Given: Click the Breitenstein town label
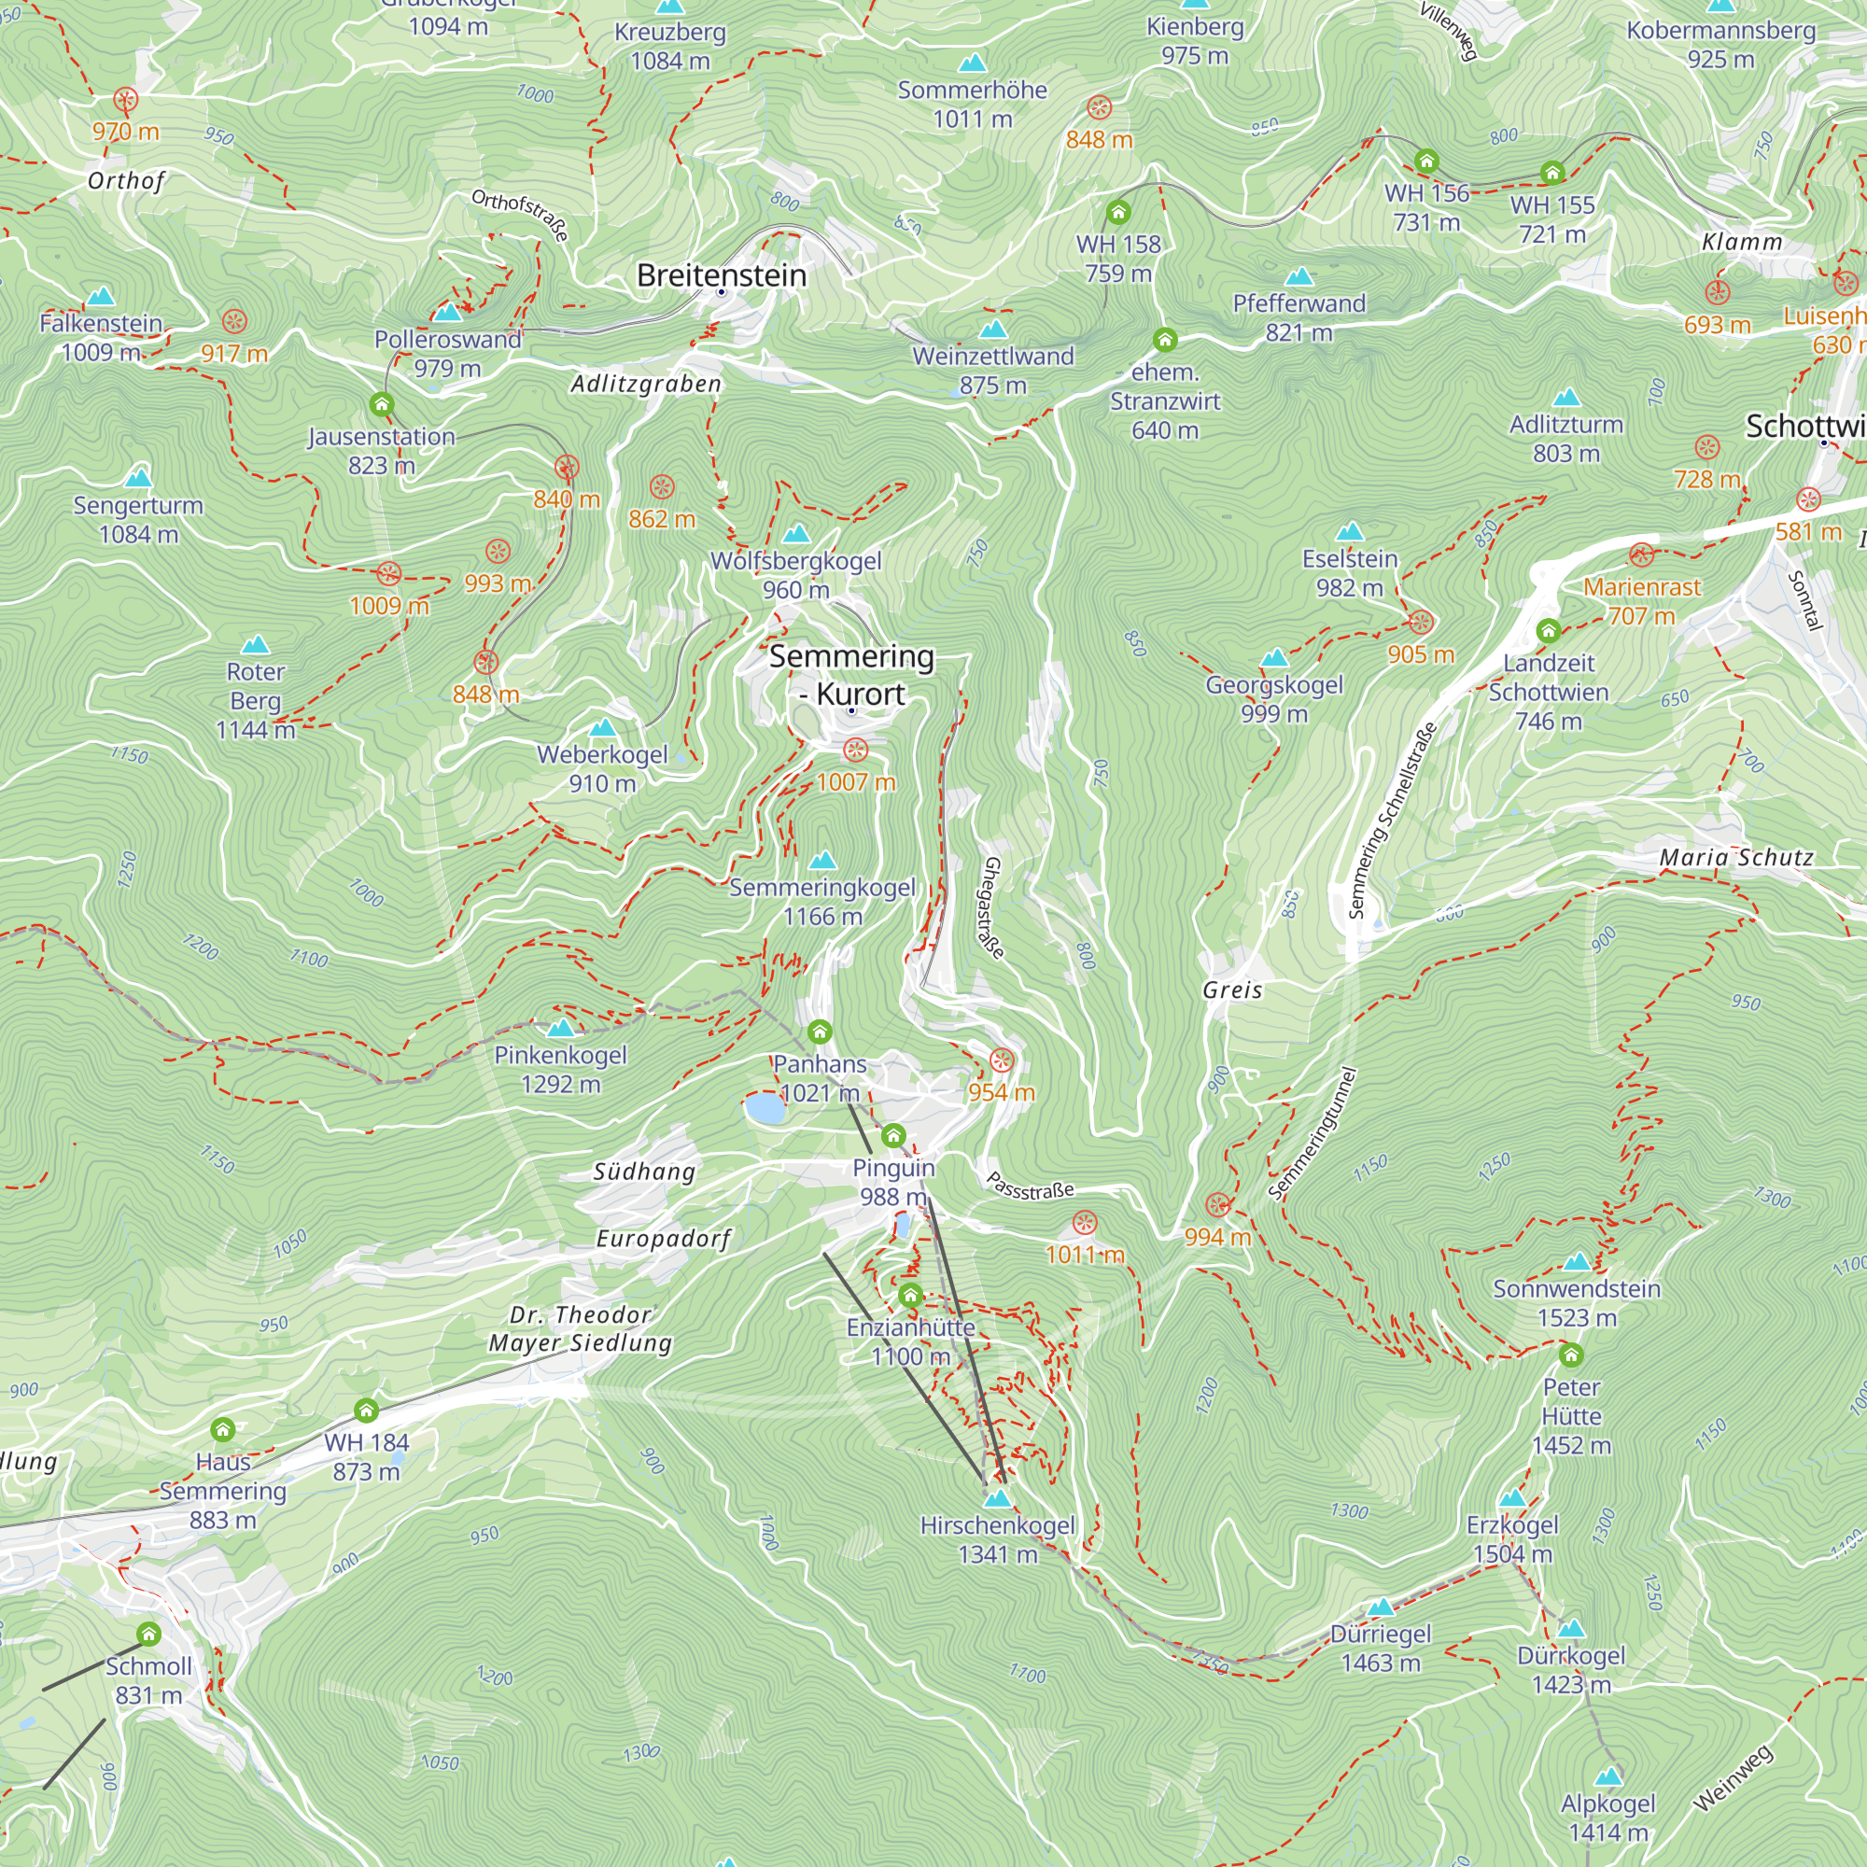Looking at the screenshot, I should (x=721, y=275).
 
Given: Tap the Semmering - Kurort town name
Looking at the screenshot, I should (x=851, y=675).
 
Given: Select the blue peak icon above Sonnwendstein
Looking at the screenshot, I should (x=1576, y=1261).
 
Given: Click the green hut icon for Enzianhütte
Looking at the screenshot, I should (x=909, y=1295).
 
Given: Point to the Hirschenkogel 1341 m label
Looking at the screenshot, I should (x=997, y=1539).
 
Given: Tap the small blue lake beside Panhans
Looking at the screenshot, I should (x=765, y=1108).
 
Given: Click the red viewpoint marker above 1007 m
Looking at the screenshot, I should (x=855, y=750).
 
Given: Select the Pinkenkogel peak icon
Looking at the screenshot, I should (x=560, y=1027).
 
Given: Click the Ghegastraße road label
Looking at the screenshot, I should (x=993, y=907).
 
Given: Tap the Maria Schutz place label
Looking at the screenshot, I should (x=1735, y=857).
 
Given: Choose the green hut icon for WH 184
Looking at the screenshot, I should (x=366, y=1411).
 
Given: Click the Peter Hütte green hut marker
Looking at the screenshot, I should (x=1571, y=1355).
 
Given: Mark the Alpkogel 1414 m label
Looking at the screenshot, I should (x=1608, y=1818).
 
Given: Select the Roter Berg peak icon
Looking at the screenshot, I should (x=255, y=644).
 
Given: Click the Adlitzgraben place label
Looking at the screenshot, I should (x=646, y=384).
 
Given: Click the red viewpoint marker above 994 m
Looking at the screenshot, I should (x=1217, y=1204).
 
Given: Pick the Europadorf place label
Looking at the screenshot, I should (x=663, y=1239).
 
